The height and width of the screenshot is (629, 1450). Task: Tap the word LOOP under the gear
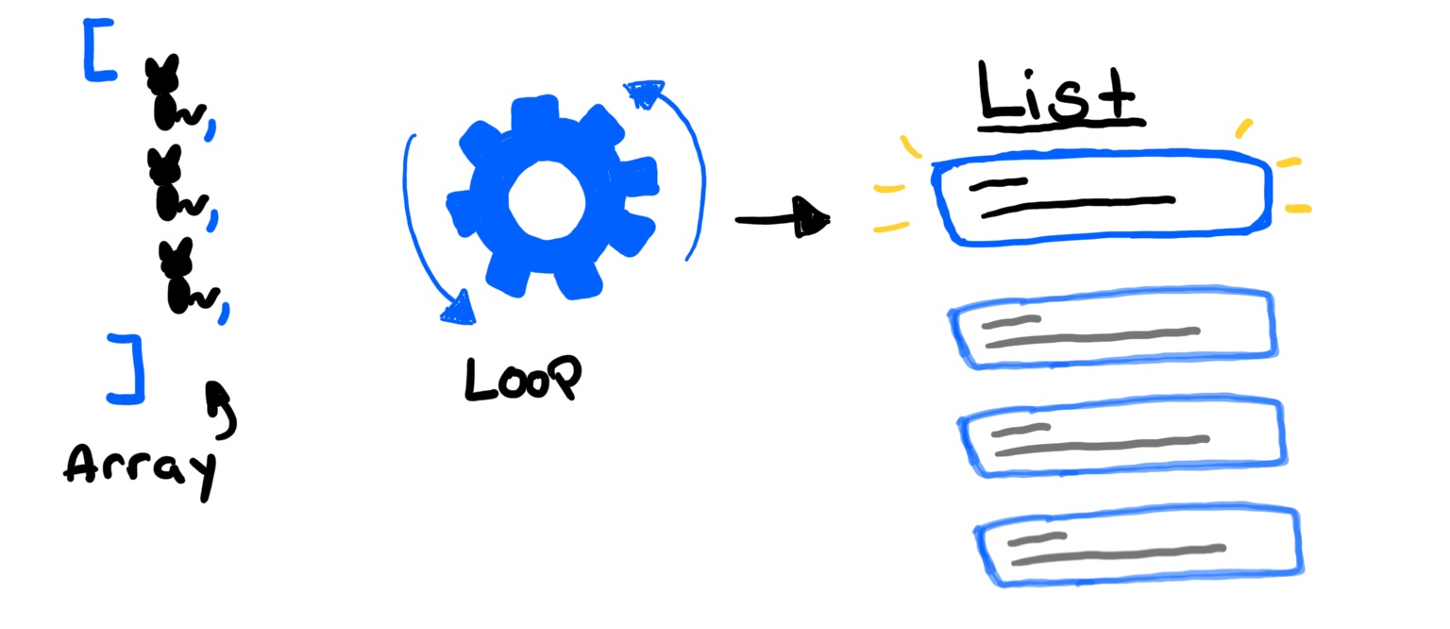(x=522, y=379)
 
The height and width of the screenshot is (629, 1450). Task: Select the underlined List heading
(x=1057, y=94)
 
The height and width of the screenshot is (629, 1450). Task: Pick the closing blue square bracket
(x=128, y=369)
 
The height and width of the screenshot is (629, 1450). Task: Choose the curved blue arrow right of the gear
(x=682, y=161)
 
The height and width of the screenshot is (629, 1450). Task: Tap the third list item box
(x=1121, y=437)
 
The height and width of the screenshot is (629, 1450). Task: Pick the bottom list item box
(x=1138, y=545)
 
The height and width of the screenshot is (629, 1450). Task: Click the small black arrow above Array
(x=223, y=408)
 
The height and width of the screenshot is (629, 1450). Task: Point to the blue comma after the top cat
(x=211, y=128)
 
